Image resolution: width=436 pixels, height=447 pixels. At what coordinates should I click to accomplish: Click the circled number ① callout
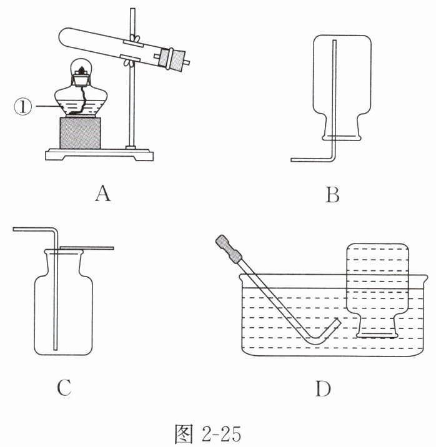(22, 107)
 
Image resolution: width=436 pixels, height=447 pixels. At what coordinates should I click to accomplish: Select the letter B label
(332, 196)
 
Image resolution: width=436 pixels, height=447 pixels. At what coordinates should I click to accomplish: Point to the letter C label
(64, 388)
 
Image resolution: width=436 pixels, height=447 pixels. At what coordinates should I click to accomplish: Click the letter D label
(322, 388)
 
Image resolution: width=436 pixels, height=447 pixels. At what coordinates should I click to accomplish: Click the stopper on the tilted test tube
(172, 59)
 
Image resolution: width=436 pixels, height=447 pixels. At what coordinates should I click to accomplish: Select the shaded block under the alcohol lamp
(80, 132)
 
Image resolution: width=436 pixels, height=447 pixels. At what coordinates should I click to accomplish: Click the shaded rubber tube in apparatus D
(230, 249)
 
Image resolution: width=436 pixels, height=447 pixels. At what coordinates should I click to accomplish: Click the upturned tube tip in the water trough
(337, 322)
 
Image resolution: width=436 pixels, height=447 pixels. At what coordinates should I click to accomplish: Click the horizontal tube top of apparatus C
(31, 230)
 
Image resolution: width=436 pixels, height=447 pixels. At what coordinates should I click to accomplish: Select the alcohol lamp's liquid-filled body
(80, 103)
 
